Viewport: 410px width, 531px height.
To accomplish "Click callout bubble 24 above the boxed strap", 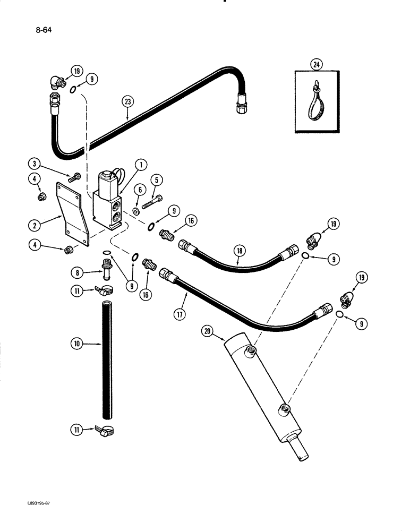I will click(x=317, y=65).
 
